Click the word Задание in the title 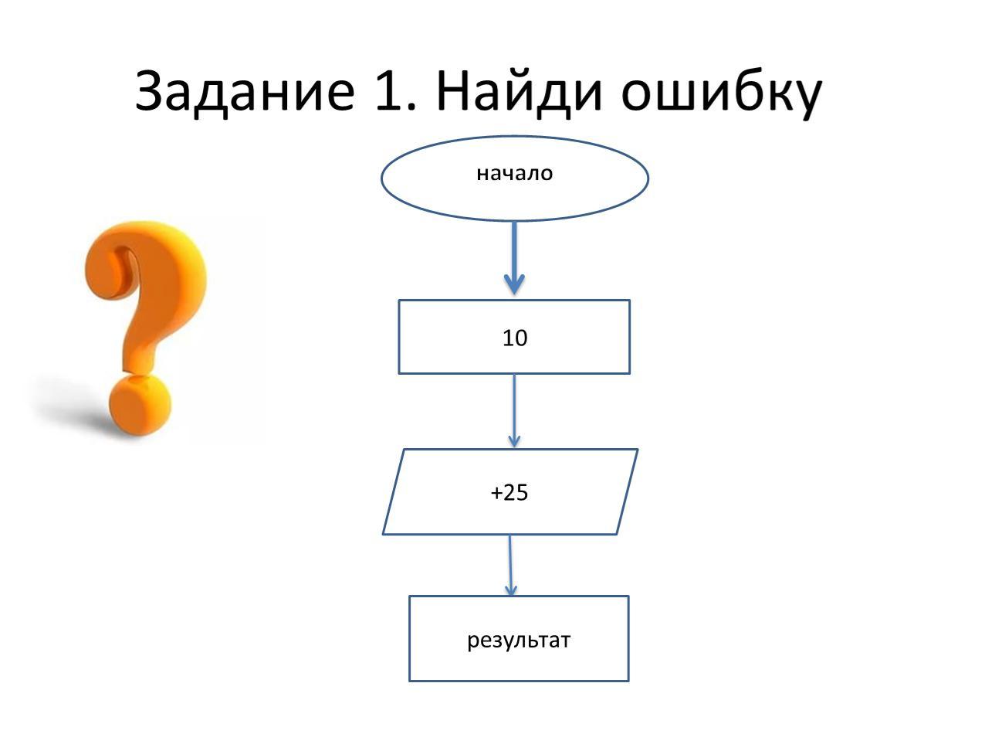245,93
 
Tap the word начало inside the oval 514,173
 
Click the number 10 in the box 515,338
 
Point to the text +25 509,492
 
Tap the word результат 518,640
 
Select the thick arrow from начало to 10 514,258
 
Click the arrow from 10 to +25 514,411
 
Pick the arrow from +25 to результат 510,566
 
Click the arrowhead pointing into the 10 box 514,284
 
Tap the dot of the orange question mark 140,405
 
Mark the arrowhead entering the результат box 511,590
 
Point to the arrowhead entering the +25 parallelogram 514,441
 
